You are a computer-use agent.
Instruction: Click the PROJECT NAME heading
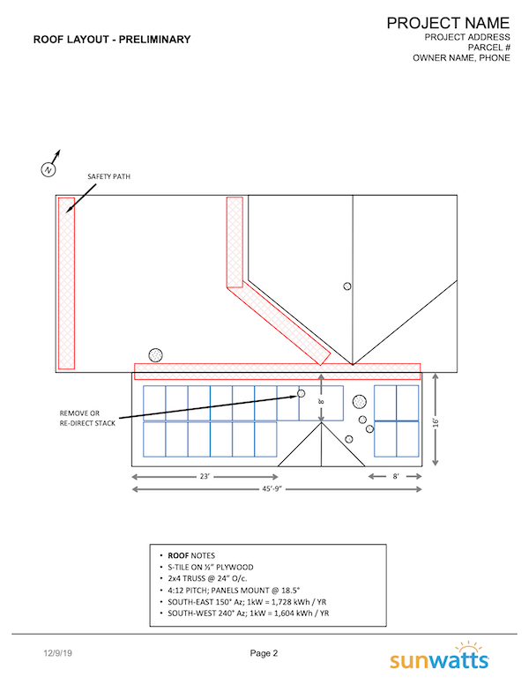coord(448,22)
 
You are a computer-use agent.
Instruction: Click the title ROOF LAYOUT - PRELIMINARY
coord(112,40)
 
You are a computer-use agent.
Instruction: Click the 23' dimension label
coord(204,477)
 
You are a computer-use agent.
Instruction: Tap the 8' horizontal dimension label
coord(397,477)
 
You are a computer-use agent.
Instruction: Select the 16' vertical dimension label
coord(437,421)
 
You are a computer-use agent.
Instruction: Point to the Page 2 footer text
coord(264,653)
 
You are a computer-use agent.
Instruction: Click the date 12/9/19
coord(57,653)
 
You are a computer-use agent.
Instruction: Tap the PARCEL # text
coord(486,48)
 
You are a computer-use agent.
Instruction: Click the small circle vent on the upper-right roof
coord(347,286)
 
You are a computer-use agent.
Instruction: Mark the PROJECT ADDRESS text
coord(467,37)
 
